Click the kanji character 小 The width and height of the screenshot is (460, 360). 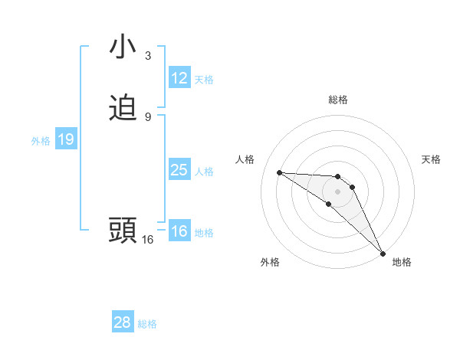pos(123,47)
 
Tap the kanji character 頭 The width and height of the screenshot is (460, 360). pos(123,231)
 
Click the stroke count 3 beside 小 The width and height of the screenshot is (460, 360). pos(148,55)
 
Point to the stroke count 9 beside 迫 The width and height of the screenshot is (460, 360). pos(148,116)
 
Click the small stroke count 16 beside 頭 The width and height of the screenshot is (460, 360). pos(147,239)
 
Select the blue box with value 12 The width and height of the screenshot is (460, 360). pos(179,78)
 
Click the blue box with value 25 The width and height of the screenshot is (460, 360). pos(179,170)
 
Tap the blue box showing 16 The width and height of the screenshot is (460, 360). pos(179,231)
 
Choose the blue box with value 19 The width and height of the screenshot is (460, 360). pos(66,139)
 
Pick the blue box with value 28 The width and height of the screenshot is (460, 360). pos(123,322)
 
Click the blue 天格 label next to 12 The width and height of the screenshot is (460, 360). pos(204,80)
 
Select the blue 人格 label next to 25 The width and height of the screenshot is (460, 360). pos(204,172)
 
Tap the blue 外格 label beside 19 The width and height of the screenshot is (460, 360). pos(41,141)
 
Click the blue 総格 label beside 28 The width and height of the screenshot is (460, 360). pos(147,324)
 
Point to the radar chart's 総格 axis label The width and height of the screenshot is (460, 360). pos(337,100)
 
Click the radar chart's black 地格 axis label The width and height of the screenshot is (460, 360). pos(402,262)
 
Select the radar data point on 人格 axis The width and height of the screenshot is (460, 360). pos(279,172)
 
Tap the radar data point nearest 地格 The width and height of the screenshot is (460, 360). pos(383,253)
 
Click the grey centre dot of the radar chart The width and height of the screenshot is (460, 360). pos(337,191)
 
